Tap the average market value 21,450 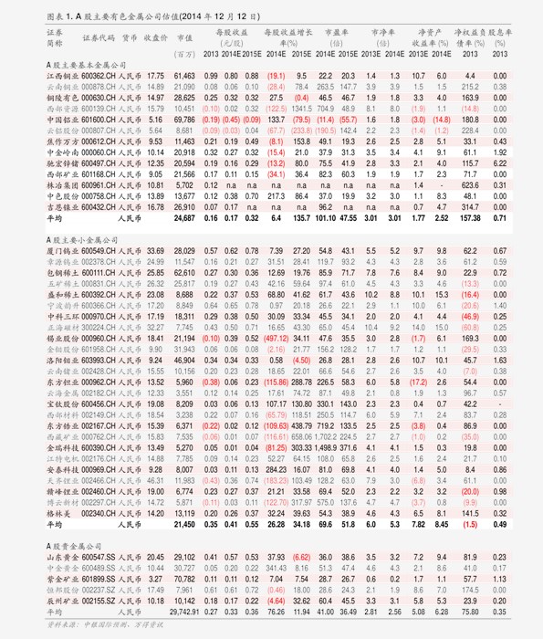183,525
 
